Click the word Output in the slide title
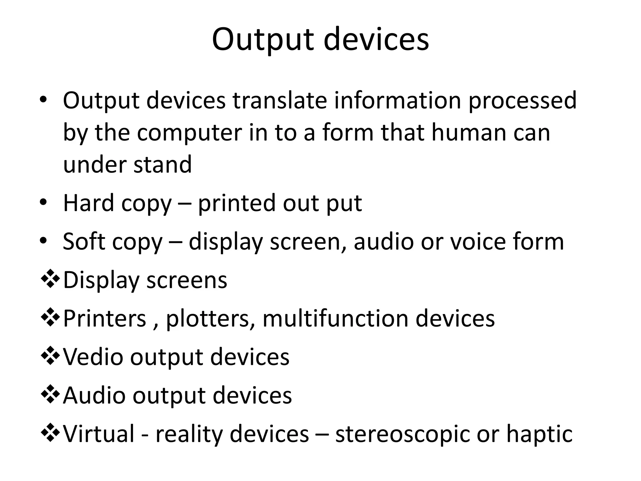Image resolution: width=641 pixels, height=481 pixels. [262, 40]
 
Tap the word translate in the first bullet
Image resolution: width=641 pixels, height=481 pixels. [279, 101]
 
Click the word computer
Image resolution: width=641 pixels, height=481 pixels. [189, 133]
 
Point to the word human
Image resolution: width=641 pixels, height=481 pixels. [469, 132]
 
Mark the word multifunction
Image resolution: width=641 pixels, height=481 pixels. [336, 318]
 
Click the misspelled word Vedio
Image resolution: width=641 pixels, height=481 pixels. [93, 357]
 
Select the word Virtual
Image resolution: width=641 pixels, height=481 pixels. [99, 433]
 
